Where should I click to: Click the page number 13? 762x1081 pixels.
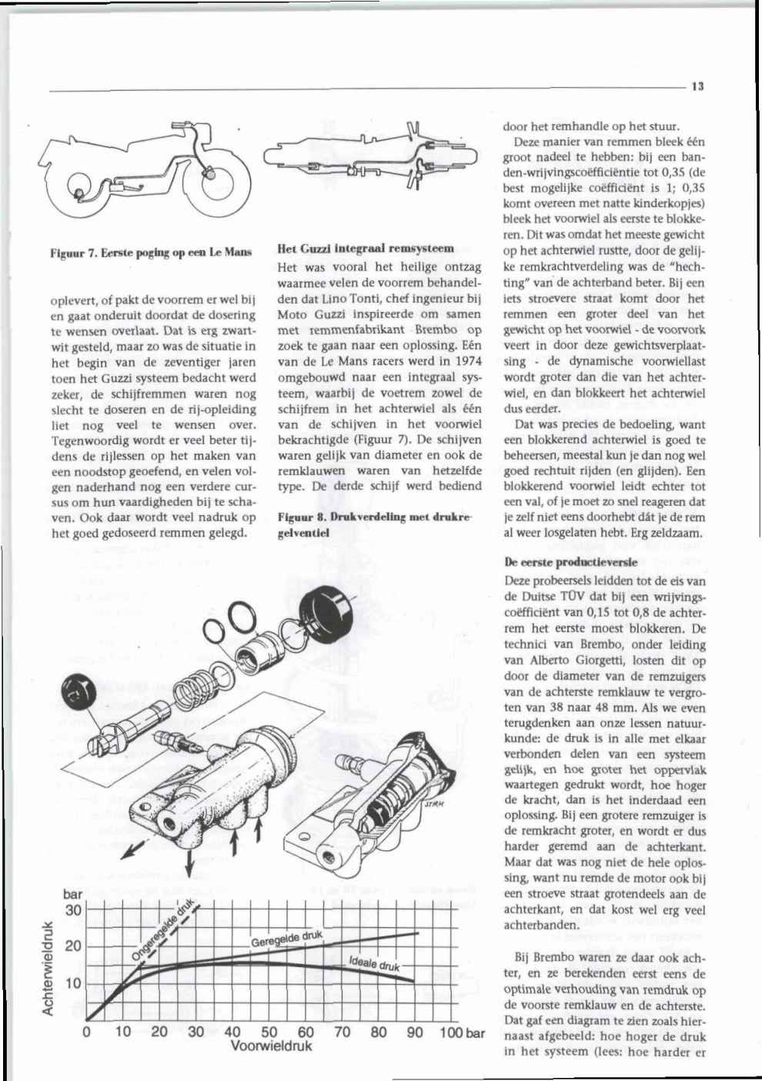pyautogui.click(x=697, y=86)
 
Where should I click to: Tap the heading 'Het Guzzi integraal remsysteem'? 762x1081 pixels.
pyautogui.click(x=366, y=249)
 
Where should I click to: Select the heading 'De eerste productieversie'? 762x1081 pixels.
pyautogui.click(x=571, y=562)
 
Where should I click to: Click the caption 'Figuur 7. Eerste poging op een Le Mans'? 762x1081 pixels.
pyautogui.click(x=151, y=253)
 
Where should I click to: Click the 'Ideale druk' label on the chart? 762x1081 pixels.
pyautogui.click(x=375, y=963)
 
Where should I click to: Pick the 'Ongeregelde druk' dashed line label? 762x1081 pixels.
pyautogui.click(x=162, y=930)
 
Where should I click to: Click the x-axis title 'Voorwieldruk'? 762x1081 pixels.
pyautogui.click(x=271, y=1046)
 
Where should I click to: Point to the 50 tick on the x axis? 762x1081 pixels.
pyautogui.click(x=269, y=1032)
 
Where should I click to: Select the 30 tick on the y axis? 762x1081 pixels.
pyautogui.click(x=73, y=910)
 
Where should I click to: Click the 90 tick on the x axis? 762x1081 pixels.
pyautogui.click(x=415, y=1032)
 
